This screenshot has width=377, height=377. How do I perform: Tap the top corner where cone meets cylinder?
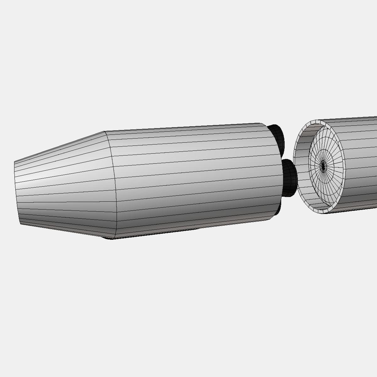click(x=105, y=132)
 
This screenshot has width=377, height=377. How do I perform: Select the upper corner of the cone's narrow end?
click(x=14, y=162)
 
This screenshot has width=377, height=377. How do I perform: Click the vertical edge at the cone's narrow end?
click(x=17, y=193)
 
